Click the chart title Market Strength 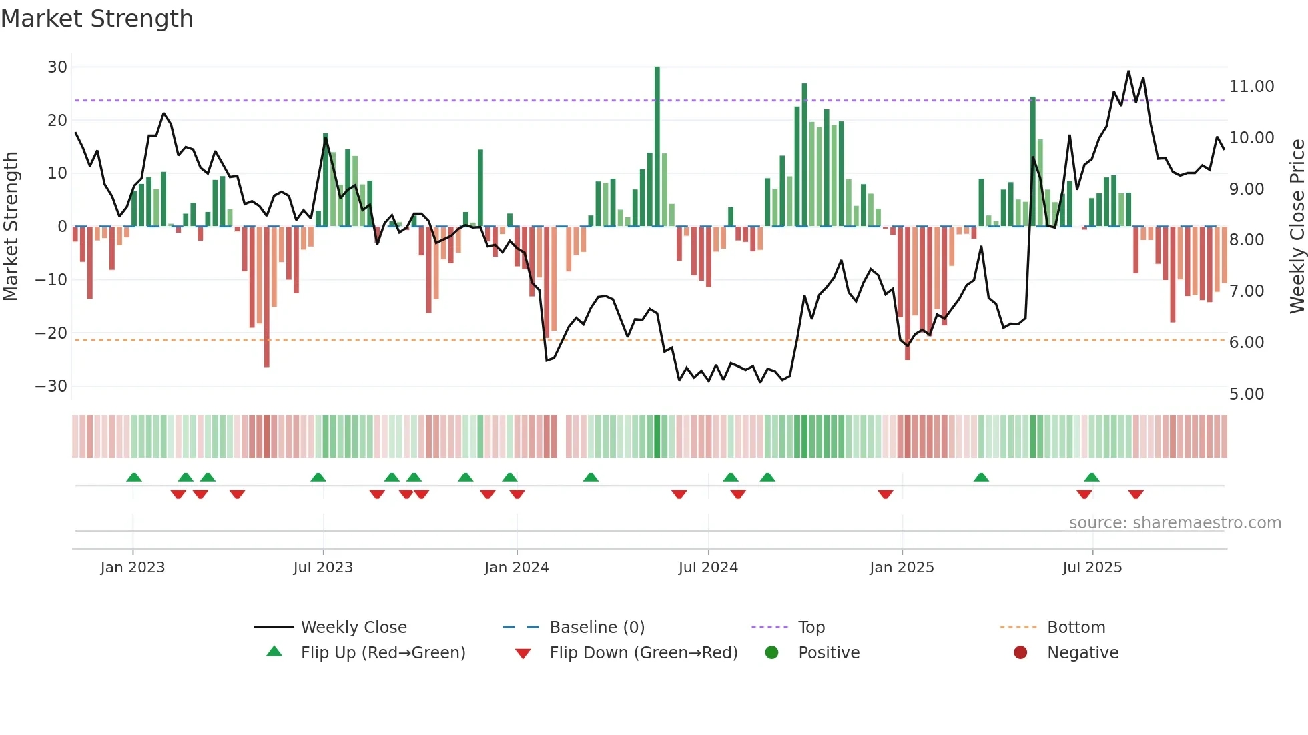(97, 19)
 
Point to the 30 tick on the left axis (57, 67)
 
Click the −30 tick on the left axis (51, 386)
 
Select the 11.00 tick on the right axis (1251, 87)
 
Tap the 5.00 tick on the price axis (1246, 394)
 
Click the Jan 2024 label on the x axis (517, 568)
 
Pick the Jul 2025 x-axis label (1092, 568)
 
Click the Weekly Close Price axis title (1297, 226)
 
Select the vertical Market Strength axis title (11, 226)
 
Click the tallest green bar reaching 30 (657, 147)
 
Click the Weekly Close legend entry (353, 628)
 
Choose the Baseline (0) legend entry (597, 628)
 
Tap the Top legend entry (811, 628)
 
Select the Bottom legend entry (1076, 628)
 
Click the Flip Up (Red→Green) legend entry (382, 653)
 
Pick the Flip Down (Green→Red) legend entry (643, 653)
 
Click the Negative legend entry (1082, 653)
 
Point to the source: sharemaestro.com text (1175, 523)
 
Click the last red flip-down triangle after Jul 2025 (1136, 494)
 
